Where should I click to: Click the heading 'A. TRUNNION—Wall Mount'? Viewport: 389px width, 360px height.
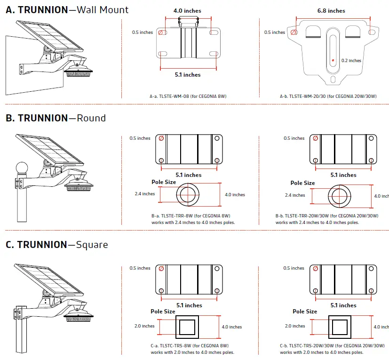click(x=67, y=9)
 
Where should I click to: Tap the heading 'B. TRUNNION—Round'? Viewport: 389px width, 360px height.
click(x=56, y=118)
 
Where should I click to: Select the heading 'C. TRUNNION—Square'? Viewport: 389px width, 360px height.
click(x=56, y=245)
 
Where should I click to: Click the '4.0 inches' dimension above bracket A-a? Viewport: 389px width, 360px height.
click(x=187, y=11)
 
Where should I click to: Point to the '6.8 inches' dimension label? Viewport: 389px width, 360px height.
click(x=331, y=11)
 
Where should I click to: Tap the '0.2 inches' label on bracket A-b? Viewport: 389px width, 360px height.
click(x=351, y=61)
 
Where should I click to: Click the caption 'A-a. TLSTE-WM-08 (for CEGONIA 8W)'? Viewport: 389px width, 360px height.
click(x=188, y=96)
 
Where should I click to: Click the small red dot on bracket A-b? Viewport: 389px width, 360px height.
click(x=332, y=60)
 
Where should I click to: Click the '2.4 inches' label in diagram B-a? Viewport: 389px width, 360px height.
click(x=144, y=194)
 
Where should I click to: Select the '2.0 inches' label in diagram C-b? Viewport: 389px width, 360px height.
click(x=295, y=326)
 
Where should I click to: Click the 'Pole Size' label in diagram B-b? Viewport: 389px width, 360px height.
click(x=302, y=183)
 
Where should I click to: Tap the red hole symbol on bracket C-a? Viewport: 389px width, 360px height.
click(x=161, y=268)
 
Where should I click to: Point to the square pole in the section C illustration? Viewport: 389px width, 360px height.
click(x=21, y=329)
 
